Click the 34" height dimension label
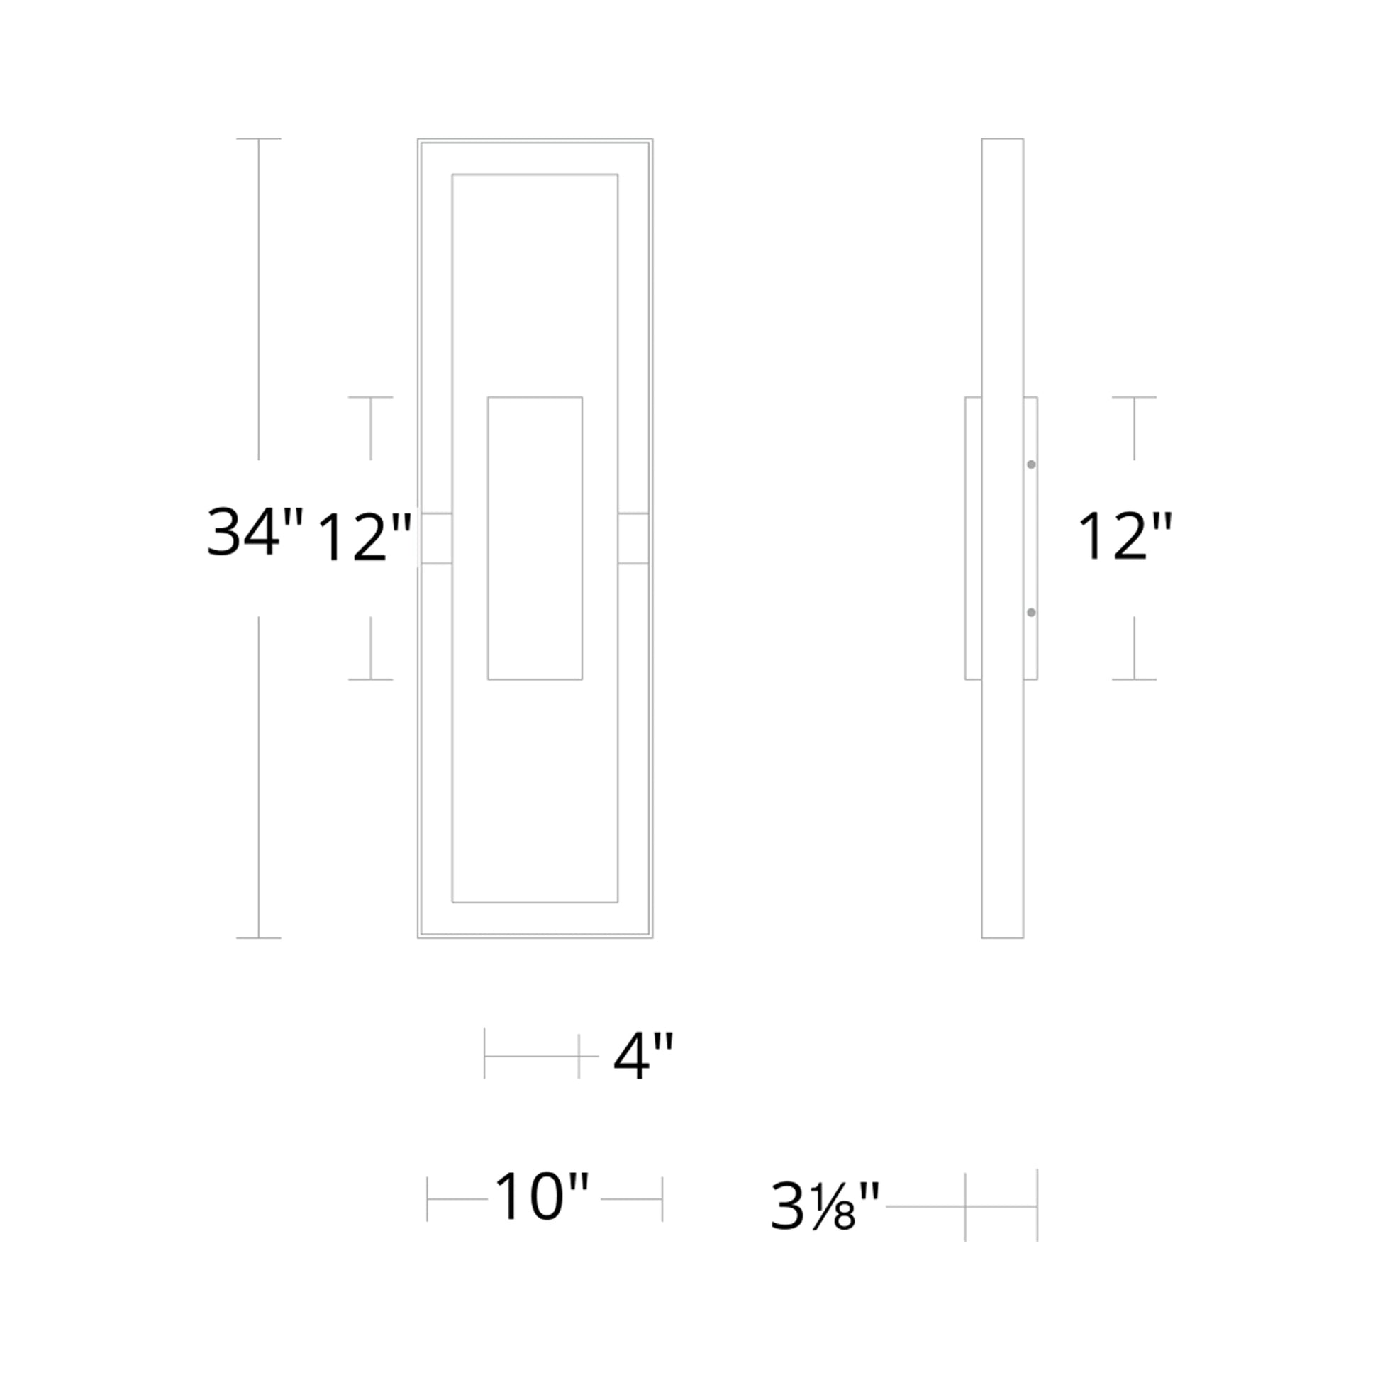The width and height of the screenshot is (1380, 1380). click(x=255, y=531)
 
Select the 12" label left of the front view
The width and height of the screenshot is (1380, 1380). click(x=365, y=538)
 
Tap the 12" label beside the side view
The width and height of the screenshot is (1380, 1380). click(x=1125, y=536)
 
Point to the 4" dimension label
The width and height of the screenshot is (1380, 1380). click(x=643, y=1057)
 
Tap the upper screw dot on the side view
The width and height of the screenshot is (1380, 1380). click(x=1031, y=465)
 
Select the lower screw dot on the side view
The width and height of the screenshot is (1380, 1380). click(x=1031, y=613)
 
